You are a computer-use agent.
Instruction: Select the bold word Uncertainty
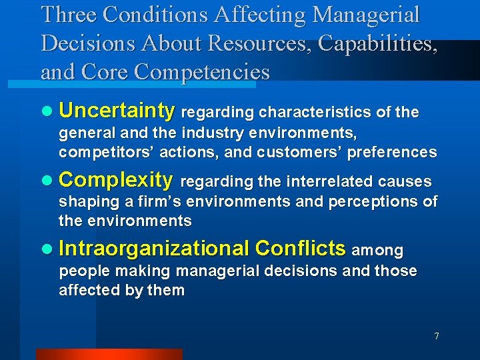(x=117, y=110)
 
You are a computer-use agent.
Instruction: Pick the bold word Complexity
(x=116, y=180)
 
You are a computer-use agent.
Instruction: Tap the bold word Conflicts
(x=301, y=249)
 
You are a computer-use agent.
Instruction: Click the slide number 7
(x=436, y=336)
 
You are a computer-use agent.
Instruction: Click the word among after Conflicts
(x=377, y=251)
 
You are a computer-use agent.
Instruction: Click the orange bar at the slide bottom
(x=108, y=354)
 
